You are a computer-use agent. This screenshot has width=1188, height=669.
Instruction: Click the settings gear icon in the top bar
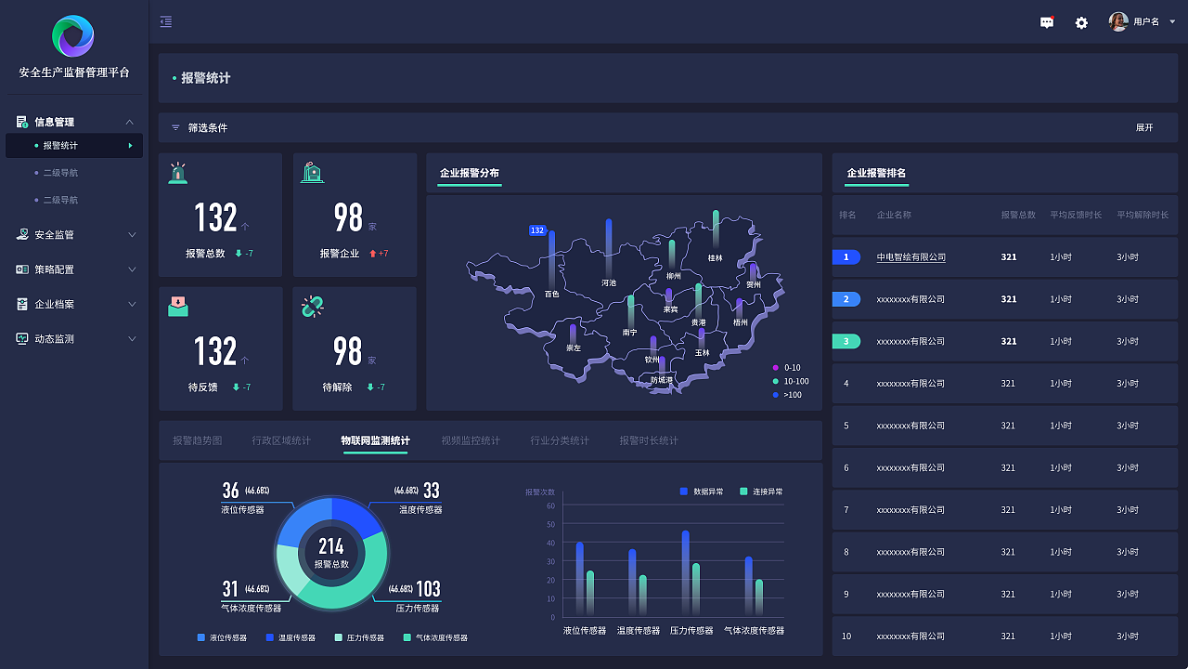click(x=1081, y=22)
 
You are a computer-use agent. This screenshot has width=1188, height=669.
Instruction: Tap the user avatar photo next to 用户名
click(x=1118, y=21)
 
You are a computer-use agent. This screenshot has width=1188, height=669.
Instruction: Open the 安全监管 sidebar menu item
click(x=54, y=235)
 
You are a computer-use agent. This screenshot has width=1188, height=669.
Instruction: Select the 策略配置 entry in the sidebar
click(x=54, y=269)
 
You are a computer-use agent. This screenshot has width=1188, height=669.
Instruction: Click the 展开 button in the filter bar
click(x=1143, y=128)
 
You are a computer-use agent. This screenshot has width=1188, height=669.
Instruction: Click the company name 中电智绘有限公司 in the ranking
click(x=910, y=257)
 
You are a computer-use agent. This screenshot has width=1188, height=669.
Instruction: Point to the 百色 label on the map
click(x=551, y=294)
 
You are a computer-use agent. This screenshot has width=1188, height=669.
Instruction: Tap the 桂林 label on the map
click(x=715, y=258)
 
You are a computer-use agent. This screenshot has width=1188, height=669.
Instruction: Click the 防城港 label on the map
click(x=661, y=379)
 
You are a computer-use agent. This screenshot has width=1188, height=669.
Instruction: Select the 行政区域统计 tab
click(x=281, y=440)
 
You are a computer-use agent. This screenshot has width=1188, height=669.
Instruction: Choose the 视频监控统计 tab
click(x=471, y=440)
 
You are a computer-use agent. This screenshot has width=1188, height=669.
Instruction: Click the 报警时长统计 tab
click(x=649, y=440)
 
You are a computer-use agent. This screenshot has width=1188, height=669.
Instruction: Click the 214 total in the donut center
click(x=331, y=546)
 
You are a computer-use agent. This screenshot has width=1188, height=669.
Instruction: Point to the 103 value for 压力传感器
click(x=428, y=589)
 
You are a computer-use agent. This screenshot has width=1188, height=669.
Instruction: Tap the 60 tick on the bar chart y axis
click(x=550, y=506)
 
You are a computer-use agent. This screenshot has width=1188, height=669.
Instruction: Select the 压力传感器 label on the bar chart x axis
click(x=691, y=630)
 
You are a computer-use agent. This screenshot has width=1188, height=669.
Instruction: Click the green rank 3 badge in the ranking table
click(x=846, y=341)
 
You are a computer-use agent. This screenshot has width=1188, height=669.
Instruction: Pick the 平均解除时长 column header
click(x=1143, y=215)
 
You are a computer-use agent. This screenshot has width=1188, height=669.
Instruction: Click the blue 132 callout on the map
click(x=536, y=230)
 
